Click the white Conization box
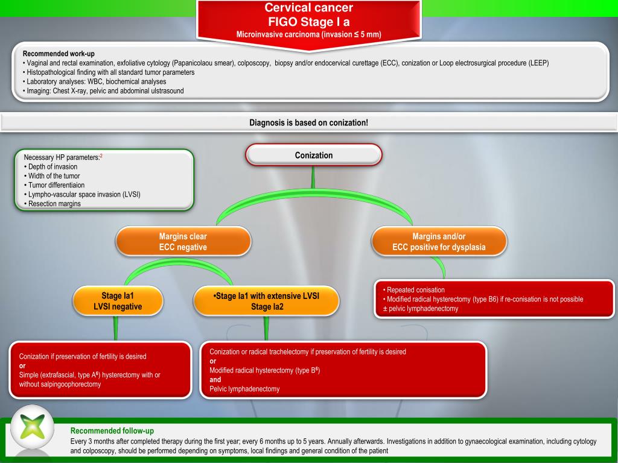point(314,155)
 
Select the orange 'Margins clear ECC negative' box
point(183,241)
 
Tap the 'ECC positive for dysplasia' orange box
point(439,241)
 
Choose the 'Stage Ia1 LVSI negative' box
point(118,301)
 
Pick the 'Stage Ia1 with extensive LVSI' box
point(266,301)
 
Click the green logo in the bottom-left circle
point(33,426)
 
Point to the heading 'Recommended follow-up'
point(112,430)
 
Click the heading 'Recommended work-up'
point(59,54)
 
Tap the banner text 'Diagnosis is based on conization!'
point(308,122)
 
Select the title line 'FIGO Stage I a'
point(308,21)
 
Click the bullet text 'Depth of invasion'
point(53,166)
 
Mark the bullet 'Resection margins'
point(53,204)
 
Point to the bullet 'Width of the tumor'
point(52,176)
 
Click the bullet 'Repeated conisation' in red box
point(414,290)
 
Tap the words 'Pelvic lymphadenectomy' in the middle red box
point(244,389)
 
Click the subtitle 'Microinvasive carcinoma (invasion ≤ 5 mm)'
point(308,34)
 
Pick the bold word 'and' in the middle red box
point(215,380)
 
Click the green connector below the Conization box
point(313,177)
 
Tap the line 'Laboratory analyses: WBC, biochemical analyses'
point(95,81)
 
